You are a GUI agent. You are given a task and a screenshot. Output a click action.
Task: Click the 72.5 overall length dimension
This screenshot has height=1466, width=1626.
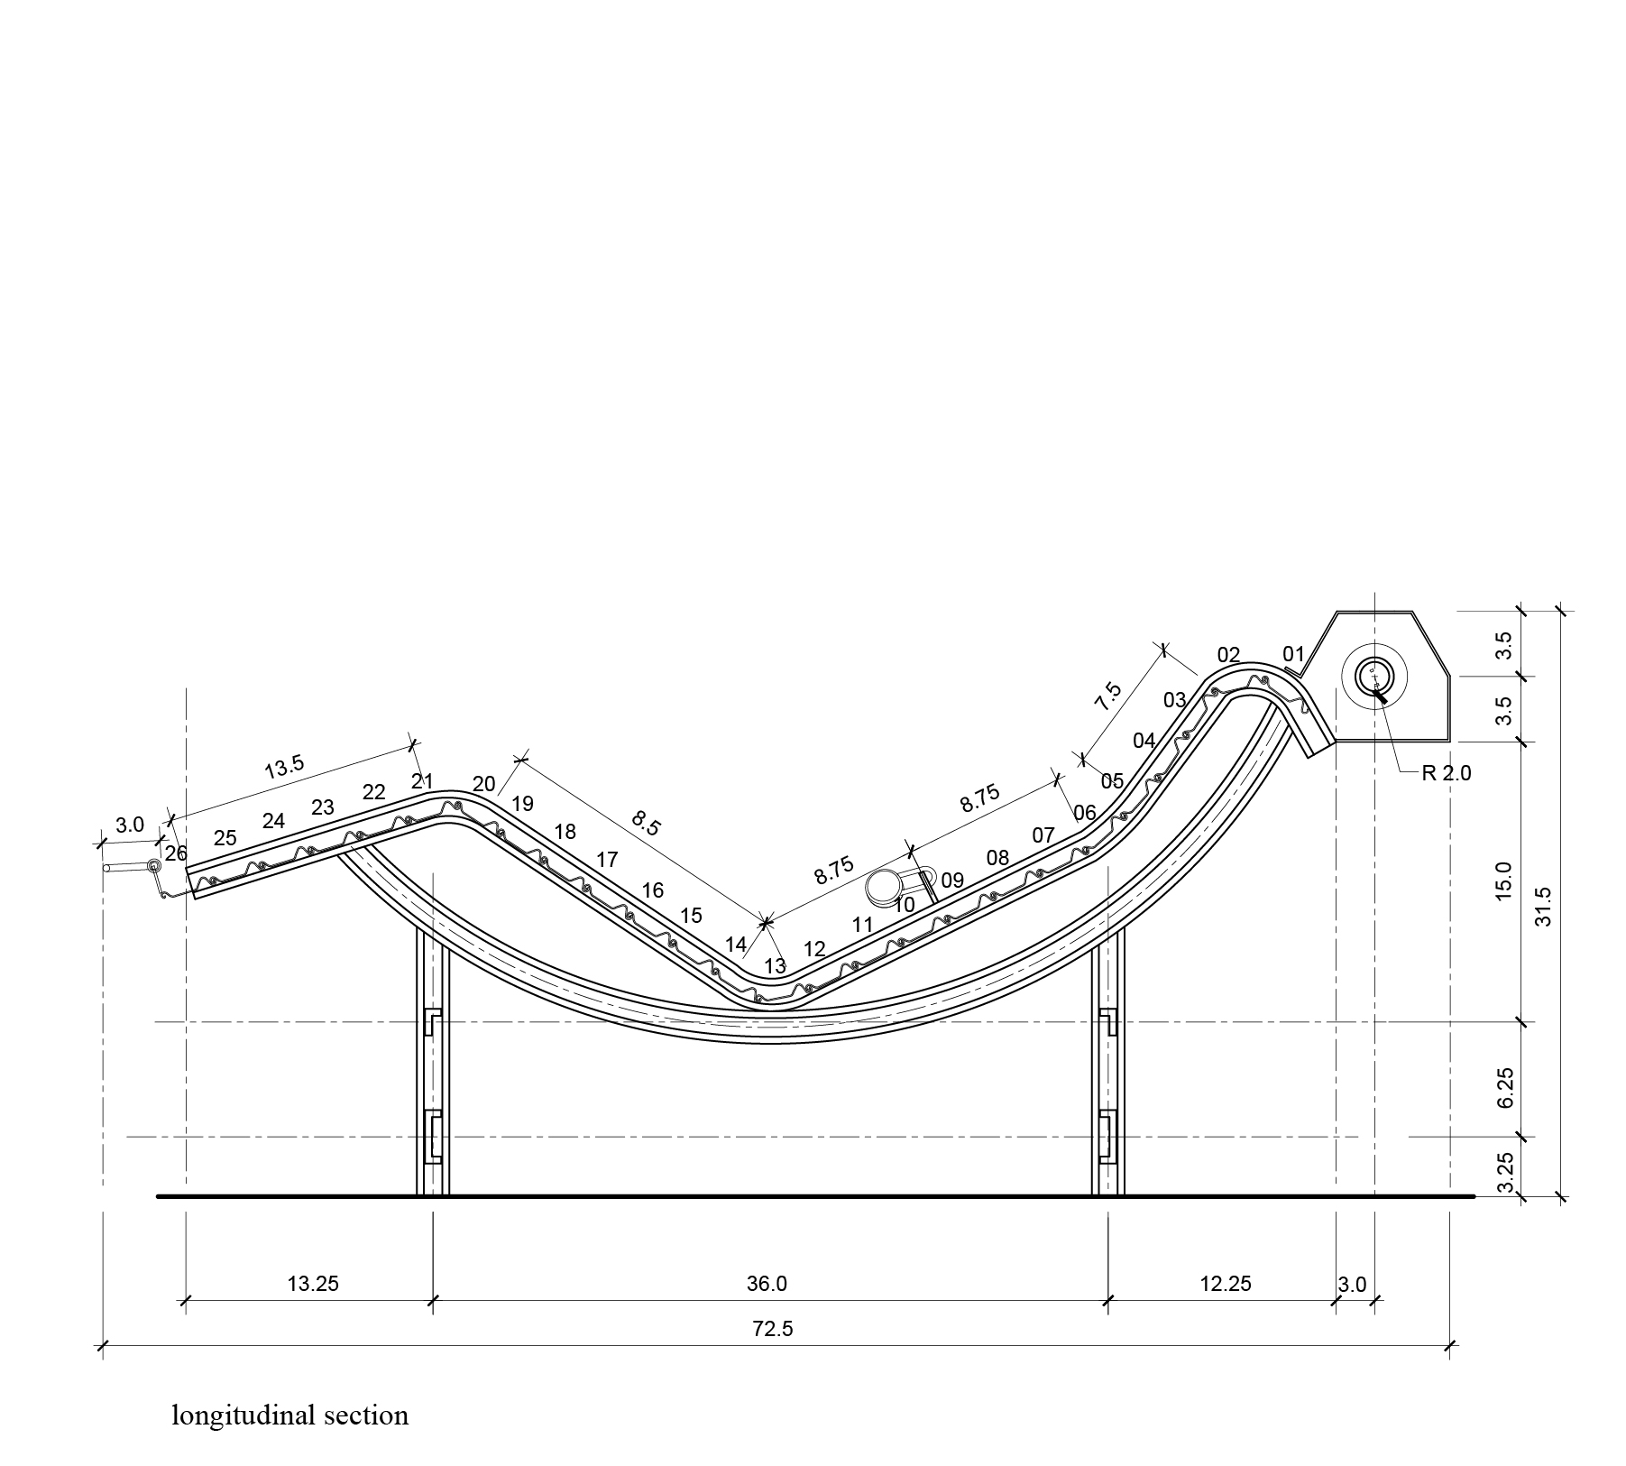[773, 1329]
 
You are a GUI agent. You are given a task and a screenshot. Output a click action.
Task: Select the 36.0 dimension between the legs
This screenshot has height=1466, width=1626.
[767, 1283]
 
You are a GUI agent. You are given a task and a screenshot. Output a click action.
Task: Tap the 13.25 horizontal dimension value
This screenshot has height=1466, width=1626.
[313, 1283]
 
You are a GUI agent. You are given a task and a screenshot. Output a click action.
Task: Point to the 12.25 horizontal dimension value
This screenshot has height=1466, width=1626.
[1226, 1283]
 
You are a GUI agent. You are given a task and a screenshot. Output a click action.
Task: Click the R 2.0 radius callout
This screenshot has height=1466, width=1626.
[1446, 773]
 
